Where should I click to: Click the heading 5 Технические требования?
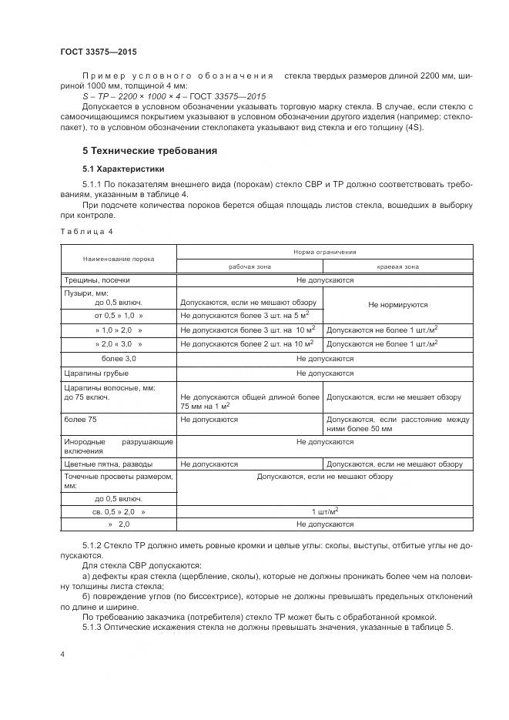(x=149, y=151)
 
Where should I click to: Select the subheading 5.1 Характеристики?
(x=123, y=168)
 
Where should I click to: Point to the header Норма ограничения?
(x=324, y=252)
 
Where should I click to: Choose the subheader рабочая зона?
(x=250, y=266)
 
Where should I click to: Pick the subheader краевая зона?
(x=398, y=266)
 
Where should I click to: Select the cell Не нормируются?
(x=398, y=305)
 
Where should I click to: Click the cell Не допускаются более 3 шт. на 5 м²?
(x=244, y=316)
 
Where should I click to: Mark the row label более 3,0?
(x=119, y=358)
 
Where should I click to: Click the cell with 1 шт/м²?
(x=324, y=511)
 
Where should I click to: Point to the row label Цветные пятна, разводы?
(x=108, y=464)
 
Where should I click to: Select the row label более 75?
(x=79, y=420)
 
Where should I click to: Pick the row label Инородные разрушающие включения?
(x=118, y=446)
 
